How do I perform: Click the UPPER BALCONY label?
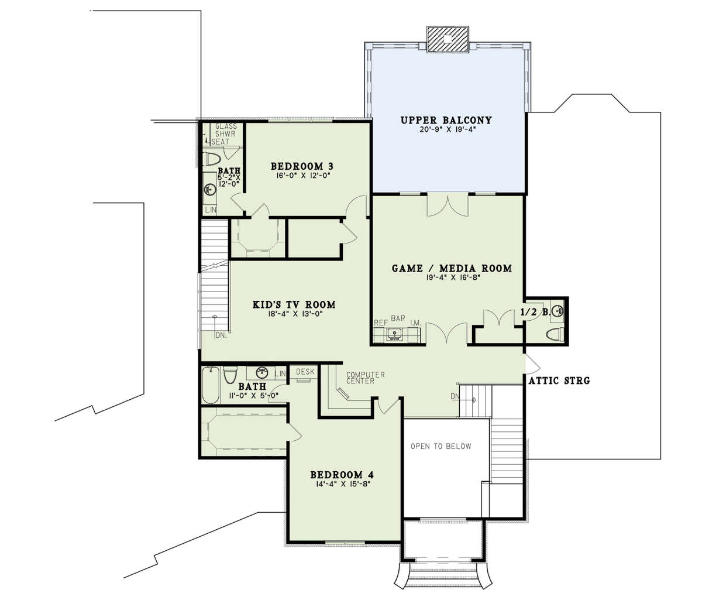click(x=446, y=120)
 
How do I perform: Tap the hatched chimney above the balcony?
click(x=448, y=40)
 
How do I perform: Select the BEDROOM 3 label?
click(x=302, y=166)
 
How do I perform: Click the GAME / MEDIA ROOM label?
click(x=452, y=269)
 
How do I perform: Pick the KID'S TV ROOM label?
click(x=294, y=304)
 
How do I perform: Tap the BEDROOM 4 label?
click(x=342, y=474)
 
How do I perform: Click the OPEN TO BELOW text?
click(x=441, y=446)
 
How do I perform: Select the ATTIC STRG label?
click(x=559, y=380)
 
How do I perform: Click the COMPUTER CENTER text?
click(x=366, y=378)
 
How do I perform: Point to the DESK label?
click(x=305, y=372)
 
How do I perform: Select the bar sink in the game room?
click(x=394, y=334)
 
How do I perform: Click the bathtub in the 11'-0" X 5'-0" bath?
click(x=211, y=385)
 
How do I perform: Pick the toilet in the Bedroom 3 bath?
click(x=212, y=159)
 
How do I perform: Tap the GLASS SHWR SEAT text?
click(x=224, y=134)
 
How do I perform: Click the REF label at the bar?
click(x=381, y=323)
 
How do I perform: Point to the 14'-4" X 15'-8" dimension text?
click(x=340, y=484)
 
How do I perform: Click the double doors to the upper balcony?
click(x=448, y=205)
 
